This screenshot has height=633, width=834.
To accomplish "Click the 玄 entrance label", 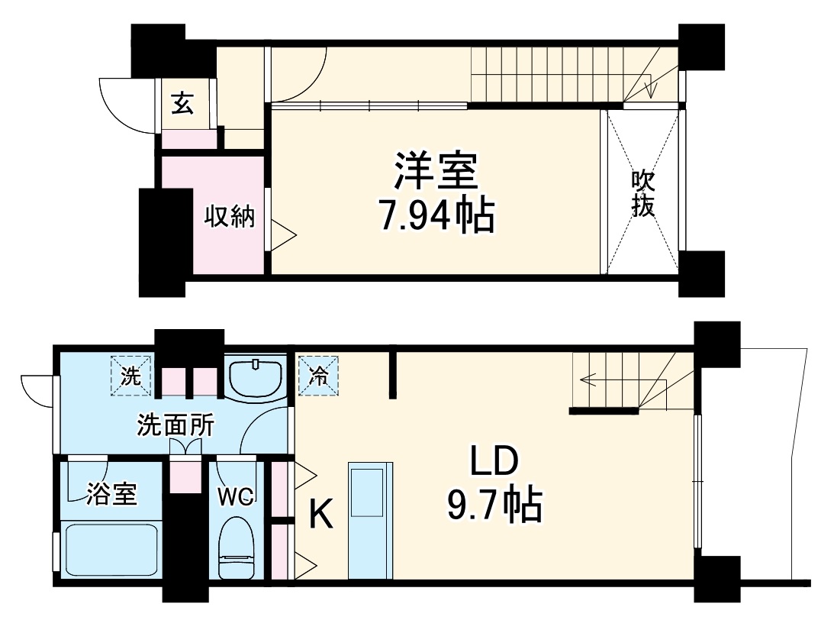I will click(x=182, y=103).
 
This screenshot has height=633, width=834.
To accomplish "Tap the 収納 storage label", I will click(x=228, y=217).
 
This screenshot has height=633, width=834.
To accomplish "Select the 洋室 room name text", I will click(x=436, y=171).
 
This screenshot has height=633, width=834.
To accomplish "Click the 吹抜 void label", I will click(x=642, y=193).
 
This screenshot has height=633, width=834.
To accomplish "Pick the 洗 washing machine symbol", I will click(x=131, y=376).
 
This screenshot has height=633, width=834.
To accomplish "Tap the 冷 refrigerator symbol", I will click(x=318, y=376).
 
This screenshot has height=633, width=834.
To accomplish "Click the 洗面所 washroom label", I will click(x=175, y=426).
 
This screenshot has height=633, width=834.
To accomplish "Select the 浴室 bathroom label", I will click(x=111, y=494).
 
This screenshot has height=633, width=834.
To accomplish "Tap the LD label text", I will click(x=494, y=463).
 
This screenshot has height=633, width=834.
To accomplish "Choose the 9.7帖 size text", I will click(x=494, y=505).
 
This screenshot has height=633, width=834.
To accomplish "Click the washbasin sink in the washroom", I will click(x=256, y=378).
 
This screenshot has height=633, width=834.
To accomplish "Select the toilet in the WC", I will click(x=236, y=546).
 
